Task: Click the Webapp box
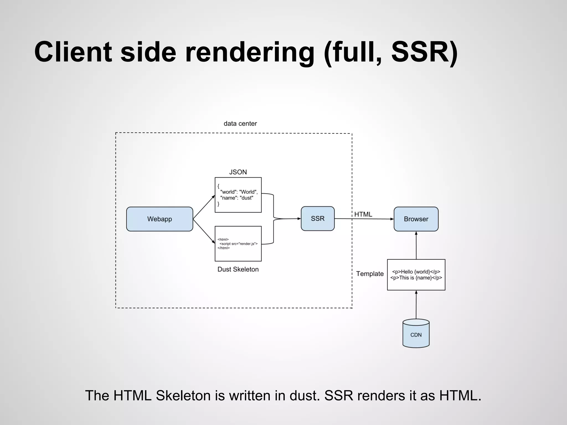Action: (x=159, y=219)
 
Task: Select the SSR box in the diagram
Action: (x=318, y=219)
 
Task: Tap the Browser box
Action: (x=416, y=219)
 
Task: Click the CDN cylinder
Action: (x=416, y=334)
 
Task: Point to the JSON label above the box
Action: (x=238, y=172)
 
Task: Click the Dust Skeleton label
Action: (x=238, y=269)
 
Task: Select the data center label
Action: (x=240, y=123)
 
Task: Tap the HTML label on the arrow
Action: (x=363, y=214)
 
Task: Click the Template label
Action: (x=370, y=274)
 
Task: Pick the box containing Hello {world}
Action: (x=416, y=274)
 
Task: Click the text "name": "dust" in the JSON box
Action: (x=237, y=198)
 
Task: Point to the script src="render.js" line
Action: (x=238, y=244)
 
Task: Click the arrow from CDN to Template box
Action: (x=416, y=304)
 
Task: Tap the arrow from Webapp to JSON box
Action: (x=204, y=207)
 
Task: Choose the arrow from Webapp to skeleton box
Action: (x=204, y=231)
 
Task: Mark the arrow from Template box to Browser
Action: (x=416, y=245)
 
